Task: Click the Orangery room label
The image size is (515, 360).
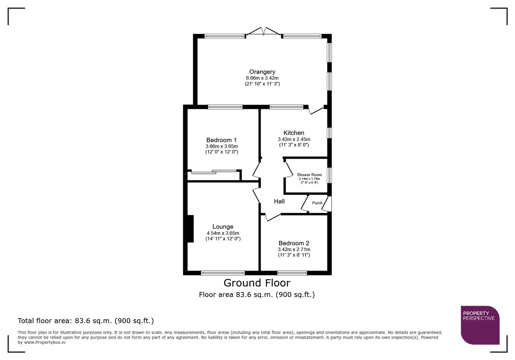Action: [262, 72]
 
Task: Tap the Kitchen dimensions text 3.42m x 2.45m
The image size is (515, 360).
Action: [294, 139]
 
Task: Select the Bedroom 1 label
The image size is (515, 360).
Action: [221, 140]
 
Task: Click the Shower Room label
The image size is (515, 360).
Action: [309, 175]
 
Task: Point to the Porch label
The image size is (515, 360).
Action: [317, 203]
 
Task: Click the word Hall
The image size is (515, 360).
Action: [279, 201]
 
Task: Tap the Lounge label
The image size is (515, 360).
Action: [223, 227]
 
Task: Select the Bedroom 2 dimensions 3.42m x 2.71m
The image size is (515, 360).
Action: [294, 249]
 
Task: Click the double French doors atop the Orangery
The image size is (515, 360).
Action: [264, 31]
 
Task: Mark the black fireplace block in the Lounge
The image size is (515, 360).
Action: [190, 229]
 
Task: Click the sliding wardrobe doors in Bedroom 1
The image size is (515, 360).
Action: [213, 172]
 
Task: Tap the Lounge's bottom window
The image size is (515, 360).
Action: [223, 273]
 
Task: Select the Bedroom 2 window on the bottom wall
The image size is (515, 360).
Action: [292, 273]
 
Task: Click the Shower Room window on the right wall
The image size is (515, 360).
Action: [329, 175]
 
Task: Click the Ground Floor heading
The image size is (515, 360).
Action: [257, 283]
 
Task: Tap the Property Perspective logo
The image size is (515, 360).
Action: [480, 325]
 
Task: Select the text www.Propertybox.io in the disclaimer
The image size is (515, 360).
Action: [45, 342]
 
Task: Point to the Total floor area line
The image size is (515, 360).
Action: [86, 321]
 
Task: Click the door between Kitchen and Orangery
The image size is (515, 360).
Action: [316, 110]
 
